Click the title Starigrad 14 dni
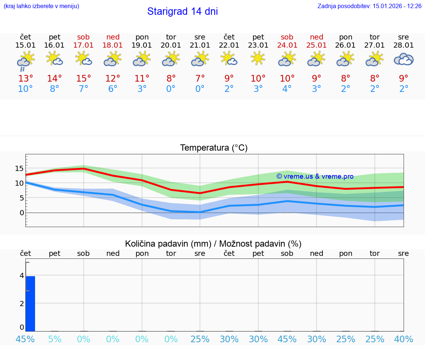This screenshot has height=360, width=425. coord(182,11)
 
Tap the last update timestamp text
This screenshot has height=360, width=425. coord(369,6)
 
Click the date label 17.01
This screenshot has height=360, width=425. coord(83,45)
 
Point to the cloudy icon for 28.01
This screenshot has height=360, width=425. coord(404,59)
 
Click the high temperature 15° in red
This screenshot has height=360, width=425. coord(83,79)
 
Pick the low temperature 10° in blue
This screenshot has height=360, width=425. coord(25,89)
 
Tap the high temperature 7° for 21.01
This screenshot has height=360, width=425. coord(200,79)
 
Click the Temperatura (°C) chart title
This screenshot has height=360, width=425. coord(214,148)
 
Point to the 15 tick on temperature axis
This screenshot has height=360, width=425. coord(19,168)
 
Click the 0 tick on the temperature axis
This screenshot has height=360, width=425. coord(21,213)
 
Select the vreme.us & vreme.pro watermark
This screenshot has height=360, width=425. coord(315,176)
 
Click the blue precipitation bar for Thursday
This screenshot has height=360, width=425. coord(30,304)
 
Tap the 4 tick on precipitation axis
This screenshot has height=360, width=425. coord(22,275)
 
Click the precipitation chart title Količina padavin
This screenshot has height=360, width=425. coord(213,244)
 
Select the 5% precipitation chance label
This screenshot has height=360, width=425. coord(55,339)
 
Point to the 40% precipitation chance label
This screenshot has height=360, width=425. coord(404,339)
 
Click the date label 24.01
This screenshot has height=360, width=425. coord(287,45)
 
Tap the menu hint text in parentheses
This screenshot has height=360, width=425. coord(41,6)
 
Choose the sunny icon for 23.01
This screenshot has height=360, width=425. coord(258,58)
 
